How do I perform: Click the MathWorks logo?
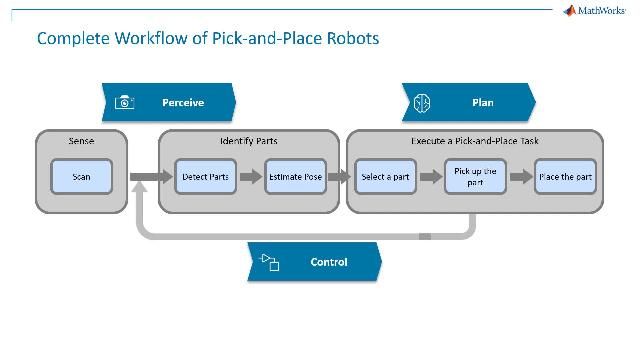coord(596,11)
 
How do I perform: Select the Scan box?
coord(81,177)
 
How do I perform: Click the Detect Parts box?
coord(205,177)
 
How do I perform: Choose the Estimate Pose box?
coord(295,177)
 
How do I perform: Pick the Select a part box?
coord(385,177)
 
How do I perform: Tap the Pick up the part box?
coord(475,177)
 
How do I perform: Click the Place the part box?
coord(566,177)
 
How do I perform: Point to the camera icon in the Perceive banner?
coord(124,102)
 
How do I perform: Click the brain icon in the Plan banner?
coord(422,102)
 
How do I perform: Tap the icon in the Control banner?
coord(270,262)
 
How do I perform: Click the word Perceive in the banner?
coord(183,102)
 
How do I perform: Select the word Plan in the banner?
coord(482,102)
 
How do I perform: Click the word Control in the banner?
coord(329,262)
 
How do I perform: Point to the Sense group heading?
coord(81,141)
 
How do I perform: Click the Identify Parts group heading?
coord(249,141)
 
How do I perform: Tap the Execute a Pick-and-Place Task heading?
coord(475,141)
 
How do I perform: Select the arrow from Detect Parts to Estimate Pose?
coord(250,177)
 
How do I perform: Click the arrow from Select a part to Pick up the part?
coord(430,177)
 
